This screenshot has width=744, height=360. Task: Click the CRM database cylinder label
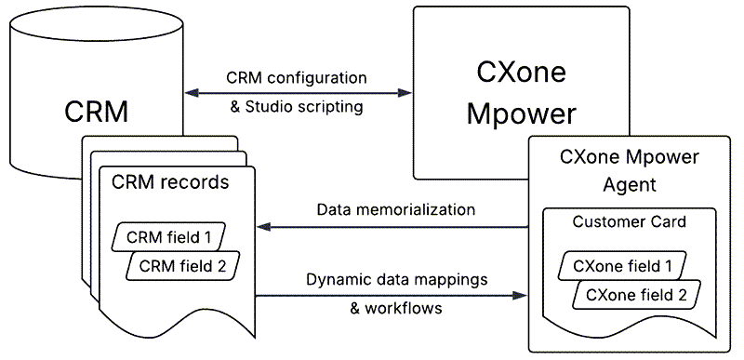pyautogui.click(x=96, y=112)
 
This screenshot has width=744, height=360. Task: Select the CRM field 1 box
pyautogui.click(x=169, y=236)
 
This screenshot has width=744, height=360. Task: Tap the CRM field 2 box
pyautogui.click(x=182, y=266)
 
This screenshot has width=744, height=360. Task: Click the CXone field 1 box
pyautogui.click(x=622, y=265)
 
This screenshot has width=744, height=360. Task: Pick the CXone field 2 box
pyautogui.click(x=636, y=296)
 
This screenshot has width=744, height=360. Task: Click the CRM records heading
pyautogui.click(x=170, y=181)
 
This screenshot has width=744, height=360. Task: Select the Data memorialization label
pyautogui.click(x=396, y=210)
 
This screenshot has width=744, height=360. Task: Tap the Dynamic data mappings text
pyautogui.click(x=396, y=279)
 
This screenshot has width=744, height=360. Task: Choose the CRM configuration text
pyautogui.click(x=298, y=77)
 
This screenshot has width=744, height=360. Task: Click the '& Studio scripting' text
pyautogui.click(x=297, y=106)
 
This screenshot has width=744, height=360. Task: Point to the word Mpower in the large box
pyautogui.click(x=521, y=113)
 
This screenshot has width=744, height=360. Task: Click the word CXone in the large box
pyautogui.click(x=521, y=73)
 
